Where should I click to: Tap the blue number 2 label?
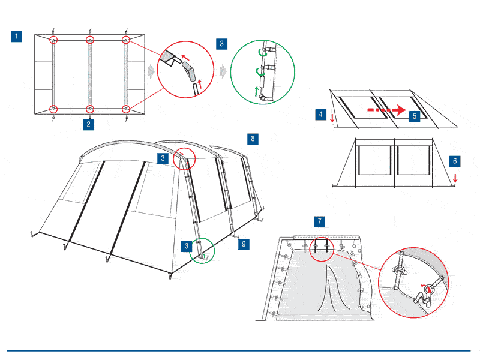click(x=89, y=125)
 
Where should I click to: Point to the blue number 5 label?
click(x=413, y=116)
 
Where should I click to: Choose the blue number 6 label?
click(x=455, y=161)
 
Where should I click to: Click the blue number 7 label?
click(x=320, y=221)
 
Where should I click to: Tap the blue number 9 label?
click(x=244, y=245)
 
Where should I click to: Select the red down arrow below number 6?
click(x=455, y=178)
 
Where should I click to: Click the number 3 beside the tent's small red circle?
click(x=163, y=158)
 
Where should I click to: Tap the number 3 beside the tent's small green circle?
click(x=188, y=245)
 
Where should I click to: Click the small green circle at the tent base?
click(x=203, y=250)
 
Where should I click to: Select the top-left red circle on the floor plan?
click(x=54, y=40)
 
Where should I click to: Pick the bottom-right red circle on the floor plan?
click(x=126, y=109)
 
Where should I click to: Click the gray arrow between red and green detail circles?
click(x=223, y=71)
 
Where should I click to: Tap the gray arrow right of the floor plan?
click(x=149, y=71)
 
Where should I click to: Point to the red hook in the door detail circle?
click(x=428, y=290)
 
